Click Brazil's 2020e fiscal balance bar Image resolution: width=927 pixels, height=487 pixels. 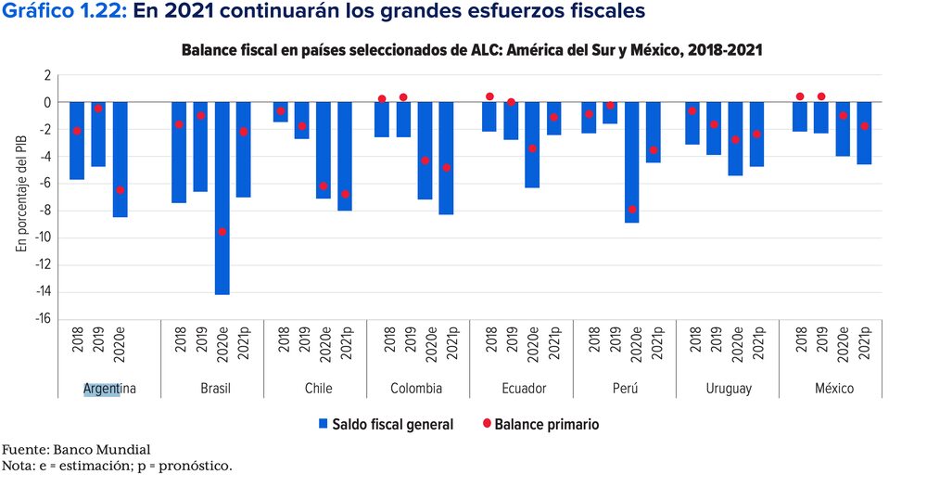(222, 198)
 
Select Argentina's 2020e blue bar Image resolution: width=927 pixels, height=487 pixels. (121, 159)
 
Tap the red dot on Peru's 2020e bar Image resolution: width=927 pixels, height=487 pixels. (632, 210)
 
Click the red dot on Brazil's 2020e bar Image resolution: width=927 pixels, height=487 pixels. (222, 232)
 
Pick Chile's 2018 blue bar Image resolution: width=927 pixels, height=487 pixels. (280, 112)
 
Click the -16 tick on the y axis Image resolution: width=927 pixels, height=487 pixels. (43, 318)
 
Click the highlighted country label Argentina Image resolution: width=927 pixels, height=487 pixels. (109, 389)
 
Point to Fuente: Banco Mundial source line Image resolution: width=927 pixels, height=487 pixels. (75, 450)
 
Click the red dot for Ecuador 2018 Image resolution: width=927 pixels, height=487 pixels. (489, 96)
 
